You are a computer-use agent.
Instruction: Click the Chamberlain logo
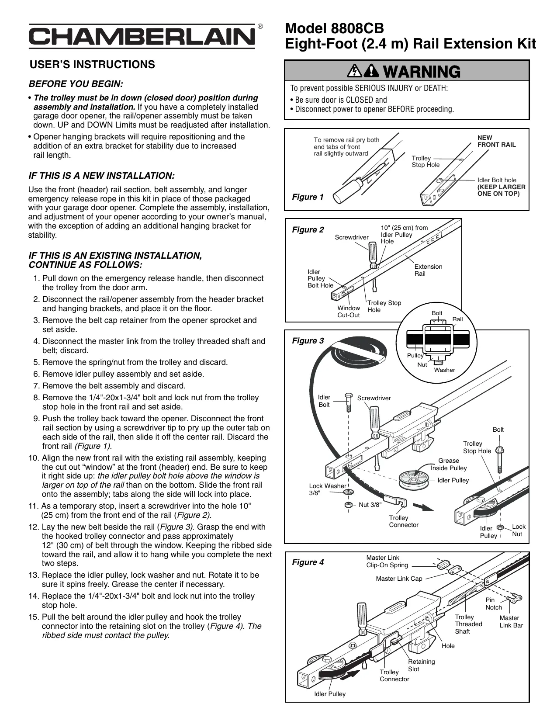pyautogui.click(x=142, y=37)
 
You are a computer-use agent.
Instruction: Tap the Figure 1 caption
pyautogui.click(x=308, y=197)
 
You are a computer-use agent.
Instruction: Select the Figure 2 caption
pyautogui.click(x=308, y=230)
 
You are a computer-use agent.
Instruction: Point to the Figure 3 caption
pyautogui.click(x=308, y=341)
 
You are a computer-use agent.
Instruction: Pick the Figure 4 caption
pyautogui.click(x=308, y=562)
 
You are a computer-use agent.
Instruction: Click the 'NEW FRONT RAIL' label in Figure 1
pyautogui.click(x=496, y=141)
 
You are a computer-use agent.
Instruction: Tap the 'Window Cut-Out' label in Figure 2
pyautogui.click(x=349, y=312)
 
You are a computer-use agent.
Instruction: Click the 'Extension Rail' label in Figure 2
pyautogui.click(x=428, y=270)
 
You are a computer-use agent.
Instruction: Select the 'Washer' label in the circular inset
pyautogui.click(x=444, y=370)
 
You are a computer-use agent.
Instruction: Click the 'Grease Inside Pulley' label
pyautogui.click(x=449, y=464)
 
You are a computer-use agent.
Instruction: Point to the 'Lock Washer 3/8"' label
pyautogui.click(x=327, y=489)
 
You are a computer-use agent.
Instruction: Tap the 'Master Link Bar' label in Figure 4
pyautogui.click(x=511, y=622)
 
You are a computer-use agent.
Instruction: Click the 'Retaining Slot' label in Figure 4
pyautogui.click(x=421, y=666)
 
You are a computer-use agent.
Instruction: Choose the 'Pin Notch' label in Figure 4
pyautogui.click(x=494, y=604)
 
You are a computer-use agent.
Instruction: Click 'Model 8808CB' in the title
pyautogui.click(x=334, y=29)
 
